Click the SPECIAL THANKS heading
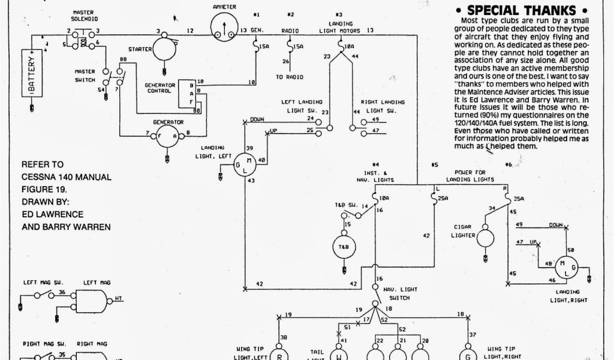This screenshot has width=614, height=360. click(x=522, y=10)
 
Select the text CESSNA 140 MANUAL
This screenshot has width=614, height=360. click(x=67, y=177)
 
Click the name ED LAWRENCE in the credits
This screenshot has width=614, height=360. click(x=52, y=214)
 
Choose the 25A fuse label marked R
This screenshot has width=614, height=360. click(x=519, y=198)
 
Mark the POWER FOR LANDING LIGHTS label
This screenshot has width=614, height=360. click(x=472, y=176)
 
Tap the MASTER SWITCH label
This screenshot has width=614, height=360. click(x=85, y=76)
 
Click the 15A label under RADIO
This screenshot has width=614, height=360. click(x=297, y=46)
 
